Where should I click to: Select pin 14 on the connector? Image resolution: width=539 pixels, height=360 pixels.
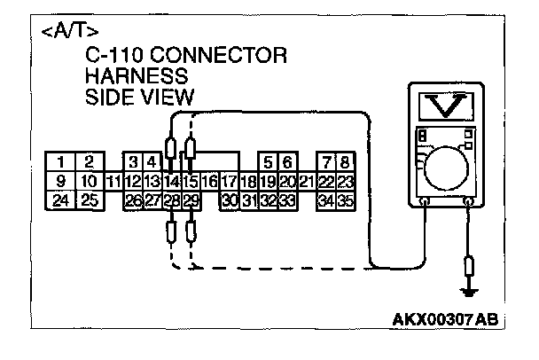[x=172, y=181]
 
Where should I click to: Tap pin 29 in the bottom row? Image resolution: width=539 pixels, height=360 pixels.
[x=191, y=200]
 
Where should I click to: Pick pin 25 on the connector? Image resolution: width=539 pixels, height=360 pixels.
[x=89, y=200]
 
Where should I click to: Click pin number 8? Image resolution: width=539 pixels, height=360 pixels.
[x=347, y=161]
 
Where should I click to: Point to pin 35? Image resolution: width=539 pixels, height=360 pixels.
[x=347, y=200]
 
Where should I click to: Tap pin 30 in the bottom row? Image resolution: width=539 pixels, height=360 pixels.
[x=230, y=200]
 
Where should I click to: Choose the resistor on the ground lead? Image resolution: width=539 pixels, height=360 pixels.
[x=469, y=267]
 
